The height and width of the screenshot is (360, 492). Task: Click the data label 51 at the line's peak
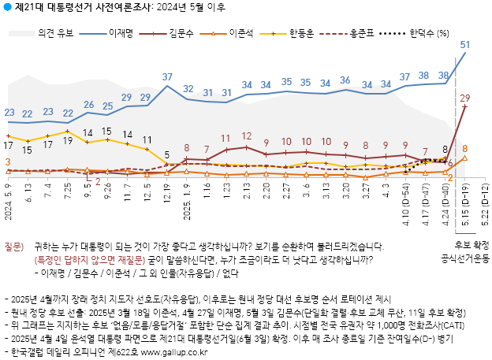pos(465,45)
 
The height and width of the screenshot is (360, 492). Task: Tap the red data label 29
pos(465,98)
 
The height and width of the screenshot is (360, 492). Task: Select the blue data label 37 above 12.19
pos(167,77)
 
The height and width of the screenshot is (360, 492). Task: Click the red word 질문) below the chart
pos(16,246)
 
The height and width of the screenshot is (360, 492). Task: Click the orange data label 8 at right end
pos(465,148)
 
